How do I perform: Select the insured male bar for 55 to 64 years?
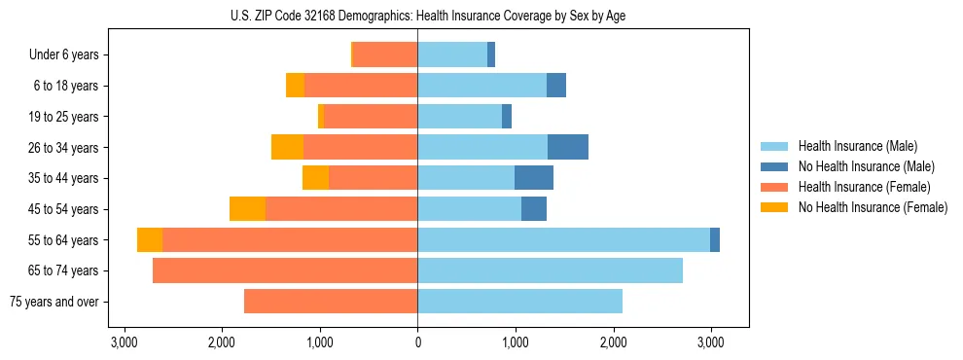(563, 239)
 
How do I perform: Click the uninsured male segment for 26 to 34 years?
(568, 147)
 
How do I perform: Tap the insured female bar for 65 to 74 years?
(285, 270)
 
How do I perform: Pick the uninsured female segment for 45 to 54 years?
(247, 208)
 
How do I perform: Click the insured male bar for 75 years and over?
(519, 302)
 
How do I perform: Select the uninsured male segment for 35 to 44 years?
(534, 178)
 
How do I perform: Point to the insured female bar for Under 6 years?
(385, 54)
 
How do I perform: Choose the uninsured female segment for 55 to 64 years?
(150, 239)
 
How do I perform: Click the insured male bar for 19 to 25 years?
(459, 117)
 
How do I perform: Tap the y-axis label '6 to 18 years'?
(66, 86)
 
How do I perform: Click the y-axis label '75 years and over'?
(54, 302)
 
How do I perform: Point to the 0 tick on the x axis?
(417, 342)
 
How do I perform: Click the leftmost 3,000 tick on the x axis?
(124, 342)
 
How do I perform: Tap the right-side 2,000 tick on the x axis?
(613, 342)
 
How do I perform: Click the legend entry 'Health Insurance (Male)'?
(857, 146)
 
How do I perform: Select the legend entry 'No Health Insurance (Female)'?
(873, 207)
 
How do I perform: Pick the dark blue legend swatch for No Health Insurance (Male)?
(774, 166)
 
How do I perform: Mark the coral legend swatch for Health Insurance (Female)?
(774, 187)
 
